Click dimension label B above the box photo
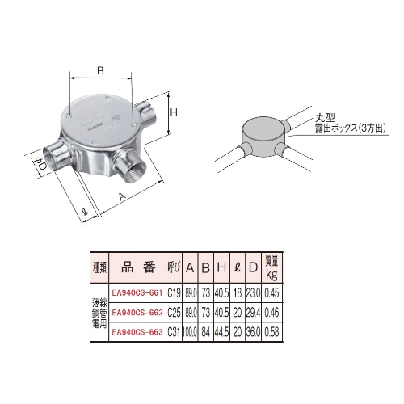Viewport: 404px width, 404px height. [x=99, y=71]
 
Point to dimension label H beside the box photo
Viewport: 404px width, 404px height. [x=172, y=114]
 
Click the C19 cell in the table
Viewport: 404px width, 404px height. [x=173, y=292]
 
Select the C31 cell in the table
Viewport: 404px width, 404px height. [x=173, y=331]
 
